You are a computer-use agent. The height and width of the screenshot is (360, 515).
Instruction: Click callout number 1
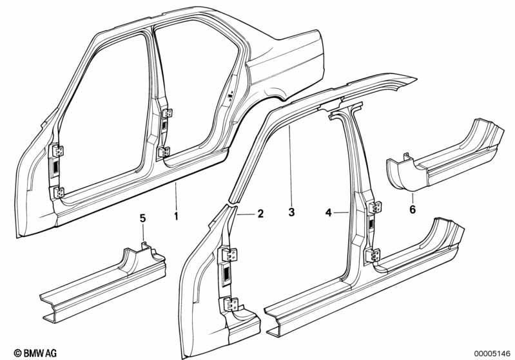tap(177, 216)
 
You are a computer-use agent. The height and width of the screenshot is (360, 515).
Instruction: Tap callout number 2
tap(260, 214)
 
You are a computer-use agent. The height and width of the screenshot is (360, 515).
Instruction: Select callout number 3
tap(291, 212)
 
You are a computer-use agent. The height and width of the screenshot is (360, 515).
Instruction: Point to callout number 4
tap(329, 213)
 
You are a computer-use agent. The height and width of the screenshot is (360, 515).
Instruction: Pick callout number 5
tap(142, 218)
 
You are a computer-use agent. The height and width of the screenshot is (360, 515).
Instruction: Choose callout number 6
tap(413, 209)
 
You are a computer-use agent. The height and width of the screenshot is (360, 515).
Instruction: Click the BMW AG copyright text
tap(35, 353)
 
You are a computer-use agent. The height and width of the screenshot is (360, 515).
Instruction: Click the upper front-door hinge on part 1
tap(59, 151)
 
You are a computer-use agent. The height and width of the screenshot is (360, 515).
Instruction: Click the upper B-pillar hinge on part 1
tap(168, 113)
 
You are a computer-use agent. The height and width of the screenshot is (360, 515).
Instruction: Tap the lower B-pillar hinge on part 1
tap(164, 151)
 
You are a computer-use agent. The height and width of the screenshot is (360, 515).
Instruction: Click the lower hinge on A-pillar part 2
tap(232, 304)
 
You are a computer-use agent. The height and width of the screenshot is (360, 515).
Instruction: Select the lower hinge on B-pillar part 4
tap(373, 255)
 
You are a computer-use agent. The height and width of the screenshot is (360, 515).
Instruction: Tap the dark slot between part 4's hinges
tap(371, 224)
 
